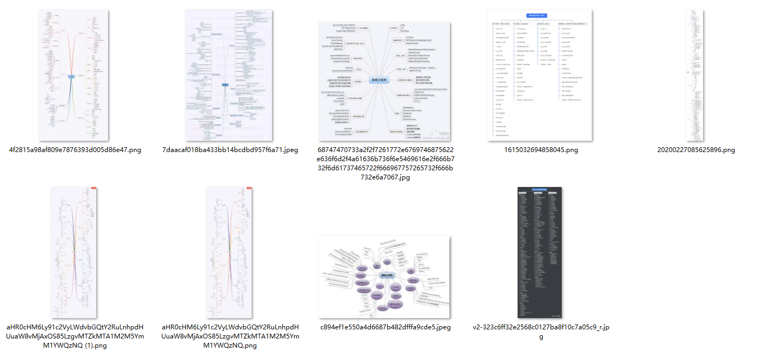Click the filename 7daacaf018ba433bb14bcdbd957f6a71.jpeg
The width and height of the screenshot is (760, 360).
coord(230,150)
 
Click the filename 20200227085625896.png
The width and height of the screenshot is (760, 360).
coord(696,150)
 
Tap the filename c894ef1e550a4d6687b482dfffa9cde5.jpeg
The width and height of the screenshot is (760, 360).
coord(385,327)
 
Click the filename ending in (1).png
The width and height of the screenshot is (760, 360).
coord(75,336)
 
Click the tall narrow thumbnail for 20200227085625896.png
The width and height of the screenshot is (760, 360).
coord(696,75)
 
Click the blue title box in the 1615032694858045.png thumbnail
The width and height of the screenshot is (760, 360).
coord(540,16)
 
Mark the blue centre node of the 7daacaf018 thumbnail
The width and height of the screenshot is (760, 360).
coord(225,84)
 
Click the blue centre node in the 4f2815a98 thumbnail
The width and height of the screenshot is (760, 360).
coord(71,77)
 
